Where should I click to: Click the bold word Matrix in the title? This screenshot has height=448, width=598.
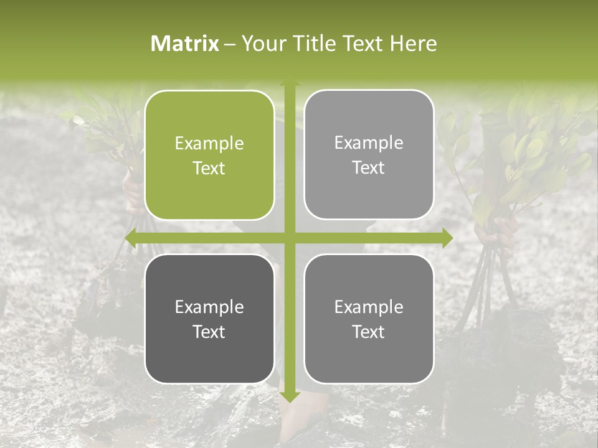coord(185,44)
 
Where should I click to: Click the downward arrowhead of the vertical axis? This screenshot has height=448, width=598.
coord(289,396)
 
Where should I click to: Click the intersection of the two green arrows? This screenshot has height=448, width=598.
coord(289,238)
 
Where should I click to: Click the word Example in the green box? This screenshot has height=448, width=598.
coord(209,143)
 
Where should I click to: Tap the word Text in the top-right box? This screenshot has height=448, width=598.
coord(369,168)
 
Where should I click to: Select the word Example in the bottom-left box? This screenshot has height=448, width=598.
coord(209,307)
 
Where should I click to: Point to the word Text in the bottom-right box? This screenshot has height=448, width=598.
coord(369,332)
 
